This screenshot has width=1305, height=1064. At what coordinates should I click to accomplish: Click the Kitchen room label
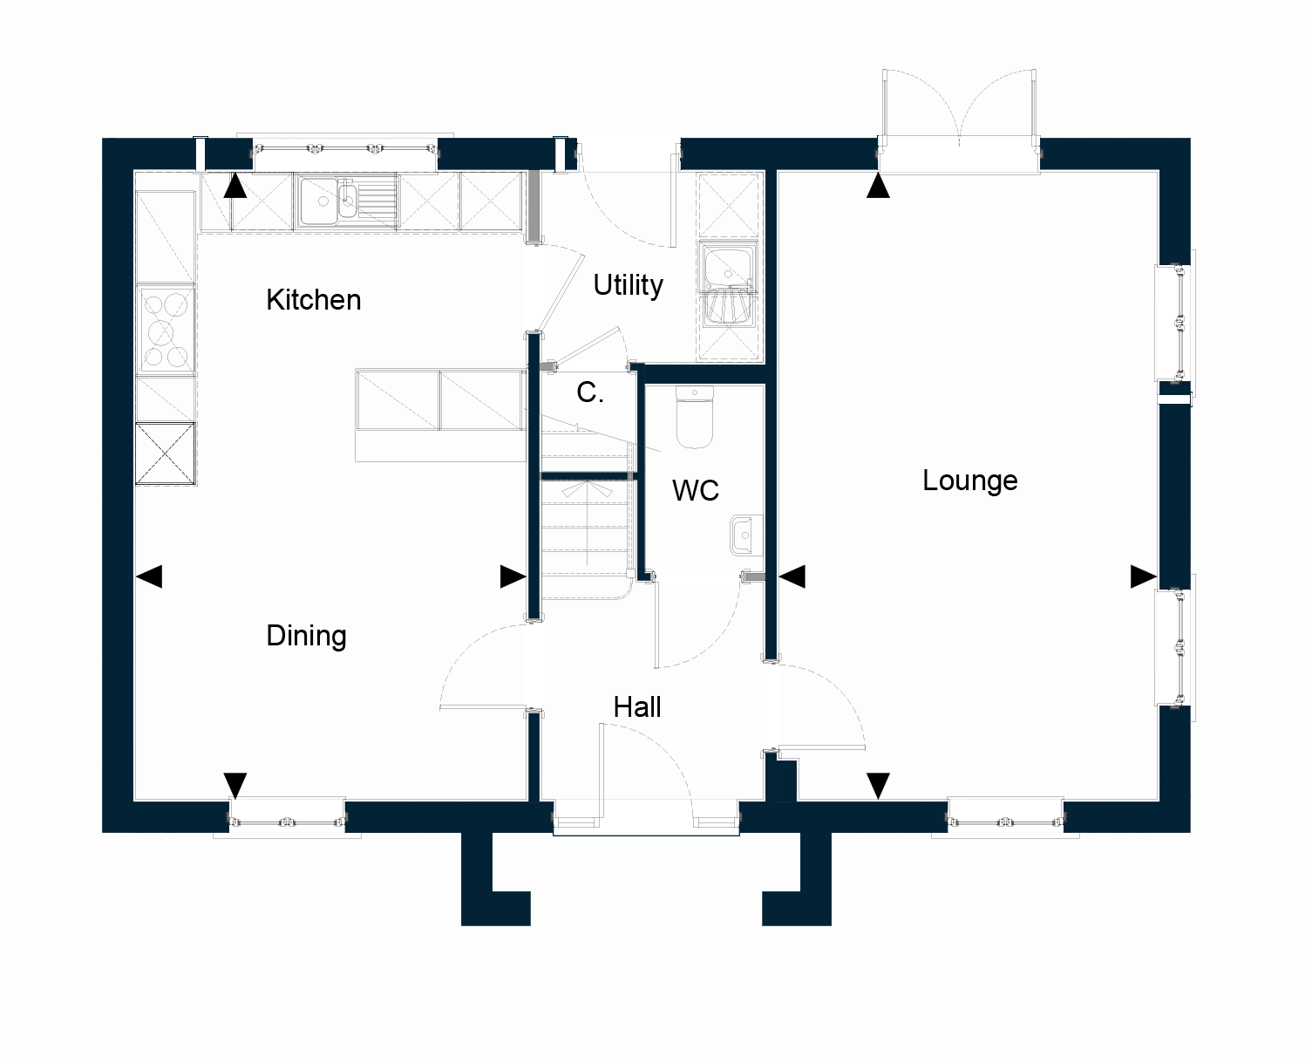coord(313,300)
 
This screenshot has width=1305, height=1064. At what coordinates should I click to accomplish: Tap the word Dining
coord(306,636)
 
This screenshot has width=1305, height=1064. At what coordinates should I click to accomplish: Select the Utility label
coord(628,285)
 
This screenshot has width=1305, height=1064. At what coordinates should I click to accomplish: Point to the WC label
coord(696,490)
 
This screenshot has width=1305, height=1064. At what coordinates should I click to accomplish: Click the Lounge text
coord(970,481)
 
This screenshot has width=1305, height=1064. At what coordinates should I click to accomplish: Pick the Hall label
coord(637,707)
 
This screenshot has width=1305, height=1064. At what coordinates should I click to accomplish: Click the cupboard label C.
coord(590,392)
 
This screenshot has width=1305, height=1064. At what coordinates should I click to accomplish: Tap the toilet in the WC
coord(695,417)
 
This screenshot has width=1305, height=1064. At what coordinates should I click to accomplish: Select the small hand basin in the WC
coord(746,535)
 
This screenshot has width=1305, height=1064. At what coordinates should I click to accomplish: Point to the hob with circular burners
coord(166,330)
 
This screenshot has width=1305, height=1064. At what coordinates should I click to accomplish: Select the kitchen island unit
coord(440,415)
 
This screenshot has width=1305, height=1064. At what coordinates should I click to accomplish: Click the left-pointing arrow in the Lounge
coord(792,576)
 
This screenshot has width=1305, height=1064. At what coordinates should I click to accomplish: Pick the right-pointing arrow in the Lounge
coord(1143,576)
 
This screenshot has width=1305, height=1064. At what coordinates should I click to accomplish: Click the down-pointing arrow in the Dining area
coord(235,786)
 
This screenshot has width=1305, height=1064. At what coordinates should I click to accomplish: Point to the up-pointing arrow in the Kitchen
coord(235,185)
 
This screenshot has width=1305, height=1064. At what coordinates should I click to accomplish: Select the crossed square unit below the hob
coord(166,454)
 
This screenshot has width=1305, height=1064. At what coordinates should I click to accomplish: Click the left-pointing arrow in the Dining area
coord(149,576)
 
